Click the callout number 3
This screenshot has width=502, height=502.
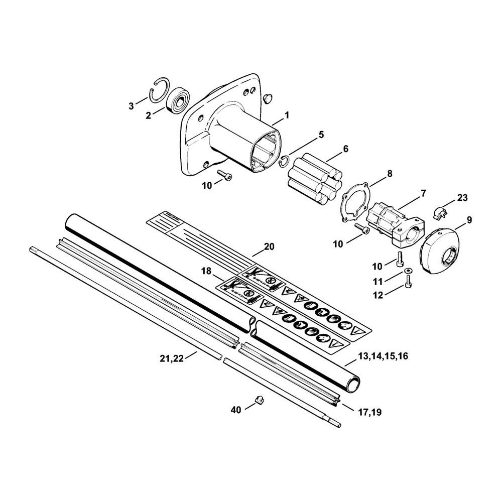(x=132, y=106)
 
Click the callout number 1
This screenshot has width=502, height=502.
(x=287, y=115)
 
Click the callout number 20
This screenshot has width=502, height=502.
(x=269, y=246)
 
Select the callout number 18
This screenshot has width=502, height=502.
(x=206, y=272)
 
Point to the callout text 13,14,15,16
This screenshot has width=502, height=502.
(x=384, y=356)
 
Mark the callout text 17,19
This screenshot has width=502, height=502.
(x=370, y=412)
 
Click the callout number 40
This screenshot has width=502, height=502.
(x=236, y=410)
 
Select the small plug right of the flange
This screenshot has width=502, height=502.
(x=268, y=95)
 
